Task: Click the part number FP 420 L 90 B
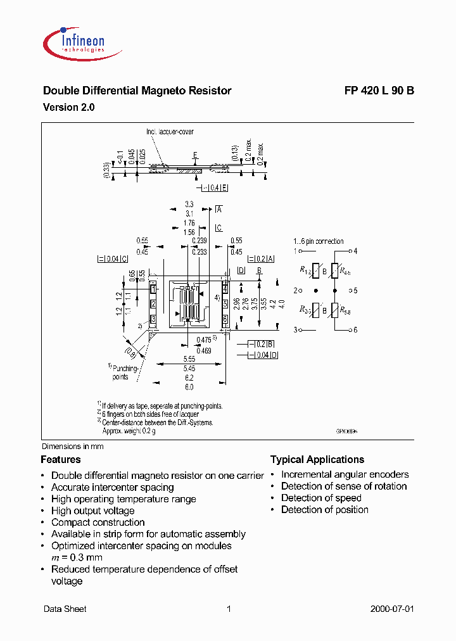coord(379,91)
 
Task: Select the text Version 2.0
coord(68,108)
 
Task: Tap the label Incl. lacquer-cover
coord(170,132)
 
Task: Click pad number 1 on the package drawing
coord(153,289)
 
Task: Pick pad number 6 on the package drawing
coord(225,319)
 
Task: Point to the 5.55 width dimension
coord(188,359)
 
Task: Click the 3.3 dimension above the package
coord(189,204)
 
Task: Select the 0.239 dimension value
coord(199,241)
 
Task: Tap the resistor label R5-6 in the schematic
coord(345,311)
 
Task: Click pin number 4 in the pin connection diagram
coord(356,251)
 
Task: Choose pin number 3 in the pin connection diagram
coord(295,330)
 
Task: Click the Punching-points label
coord(120,372)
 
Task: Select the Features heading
coord(61,460)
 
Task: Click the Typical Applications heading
coord(317,460)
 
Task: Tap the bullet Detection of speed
coord(321,498)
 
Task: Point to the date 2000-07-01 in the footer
coord(391,609)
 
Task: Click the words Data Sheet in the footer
coord(65,609)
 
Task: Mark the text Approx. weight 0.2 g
coord(129,430)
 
